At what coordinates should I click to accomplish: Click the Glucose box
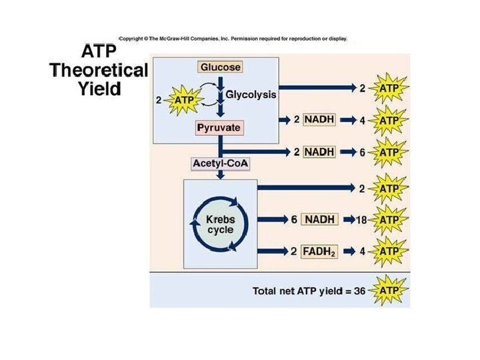click(220, 67)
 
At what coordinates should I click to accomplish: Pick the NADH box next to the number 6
click(321, 219)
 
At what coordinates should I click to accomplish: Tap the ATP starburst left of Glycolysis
click(183, 101)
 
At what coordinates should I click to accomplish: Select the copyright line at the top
click(233, 38)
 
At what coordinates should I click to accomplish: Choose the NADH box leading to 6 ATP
click(321, 151)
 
